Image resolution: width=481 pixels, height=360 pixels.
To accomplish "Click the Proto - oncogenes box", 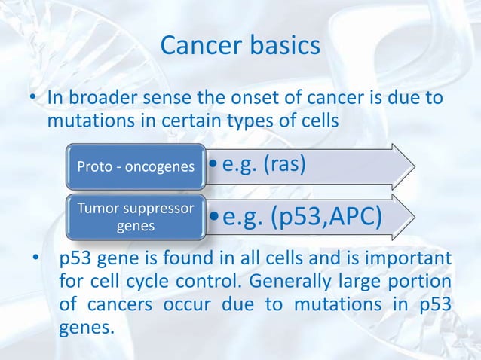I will coord(135,165).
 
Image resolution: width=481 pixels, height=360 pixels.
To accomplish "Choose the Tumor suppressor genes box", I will coord(135,218).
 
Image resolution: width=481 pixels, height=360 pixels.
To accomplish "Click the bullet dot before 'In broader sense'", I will coord(33,99).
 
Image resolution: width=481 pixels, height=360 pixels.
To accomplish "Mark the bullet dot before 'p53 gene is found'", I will coord(35,261).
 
